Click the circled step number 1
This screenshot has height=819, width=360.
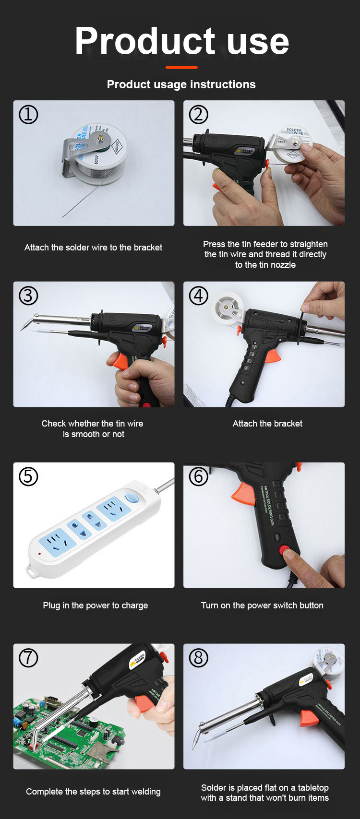coord(28,115)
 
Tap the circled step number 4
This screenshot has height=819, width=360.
coord(199,296)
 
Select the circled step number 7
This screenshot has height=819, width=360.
coord(28,658)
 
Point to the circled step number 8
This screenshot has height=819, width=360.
coord(199,658)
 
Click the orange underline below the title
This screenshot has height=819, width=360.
coord(181,67)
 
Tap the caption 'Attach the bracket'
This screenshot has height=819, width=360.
coord(267,423)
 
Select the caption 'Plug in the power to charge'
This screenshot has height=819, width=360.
coord(95,605)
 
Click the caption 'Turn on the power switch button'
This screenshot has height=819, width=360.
coord(262,605)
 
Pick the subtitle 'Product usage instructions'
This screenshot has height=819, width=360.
coord(181,84)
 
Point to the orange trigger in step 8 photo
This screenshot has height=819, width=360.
coord(307,718)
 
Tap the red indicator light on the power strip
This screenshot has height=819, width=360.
coord(39,554)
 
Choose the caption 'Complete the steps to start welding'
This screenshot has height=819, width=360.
coord(93,792)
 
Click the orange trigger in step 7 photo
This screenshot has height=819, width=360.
coord(145,703)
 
